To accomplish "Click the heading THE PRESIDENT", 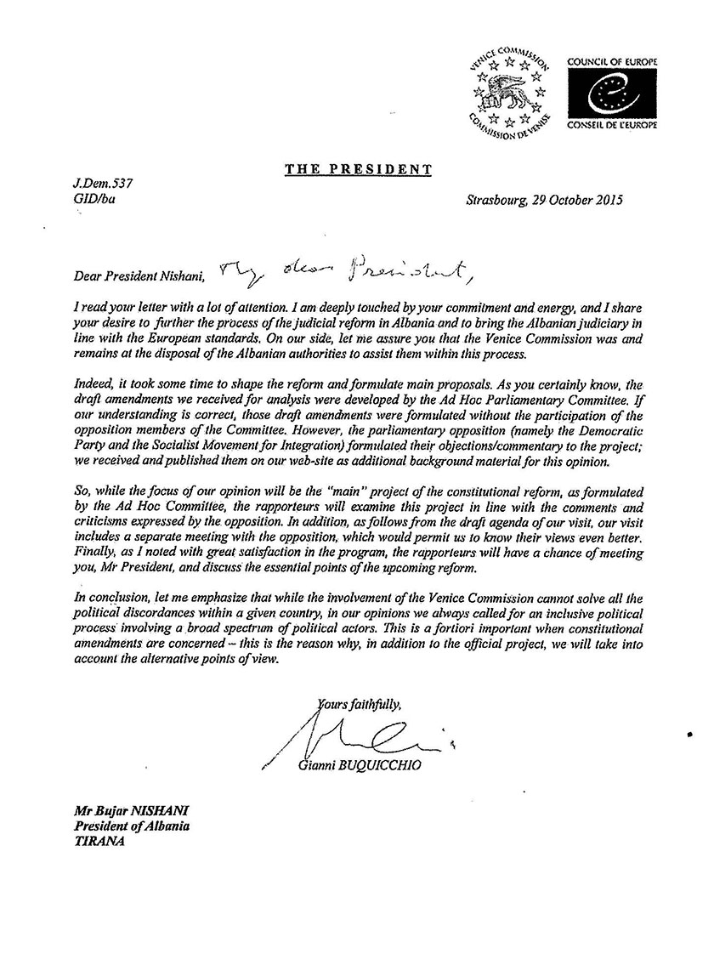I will [x=358, y=168].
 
